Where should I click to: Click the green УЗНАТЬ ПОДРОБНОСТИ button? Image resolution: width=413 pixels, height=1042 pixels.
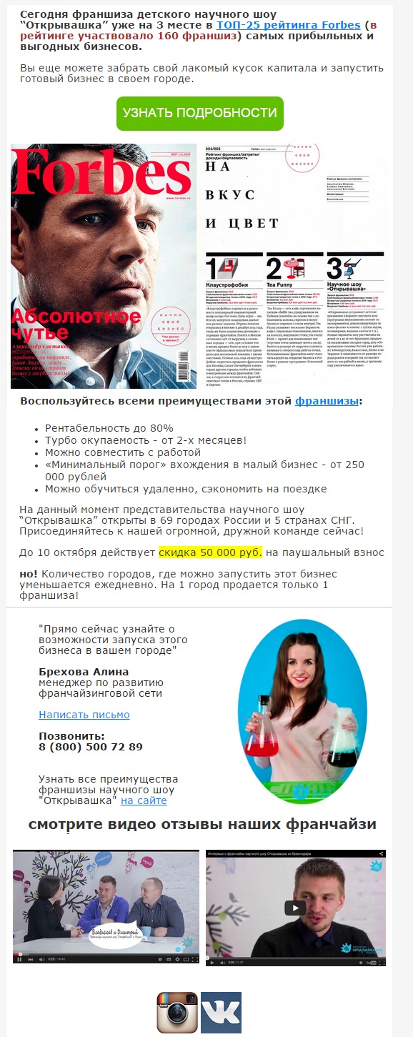click(x=199, y=113)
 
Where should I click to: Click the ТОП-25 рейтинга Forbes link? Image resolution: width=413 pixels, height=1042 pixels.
click(x=288, y=25)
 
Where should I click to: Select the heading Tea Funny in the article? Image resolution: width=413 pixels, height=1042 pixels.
click(x=279, y=284)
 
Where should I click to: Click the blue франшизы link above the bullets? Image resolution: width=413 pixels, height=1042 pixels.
click(x=327, y=401)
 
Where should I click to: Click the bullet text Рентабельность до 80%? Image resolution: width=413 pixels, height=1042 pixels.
click(x=109, y=427)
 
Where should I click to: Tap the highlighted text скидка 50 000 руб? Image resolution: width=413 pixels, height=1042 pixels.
click(x=210, y=552)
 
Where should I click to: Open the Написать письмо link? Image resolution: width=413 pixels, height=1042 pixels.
click(x=84, y=714)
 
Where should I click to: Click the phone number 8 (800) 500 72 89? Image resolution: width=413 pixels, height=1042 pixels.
click(x=91, y=747)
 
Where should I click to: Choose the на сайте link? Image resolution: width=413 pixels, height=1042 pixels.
click(x=144, y=800)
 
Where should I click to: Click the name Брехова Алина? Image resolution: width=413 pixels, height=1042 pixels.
click(x=84, y=672)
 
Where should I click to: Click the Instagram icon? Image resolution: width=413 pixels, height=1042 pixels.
click(x=176, y=1011)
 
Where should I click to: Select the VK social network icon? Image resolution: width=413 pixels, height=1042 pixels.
click(x=221, y=1011)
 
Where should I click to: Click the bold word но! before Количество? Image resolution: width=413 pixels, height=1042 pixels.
click(x=29, y=573)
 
